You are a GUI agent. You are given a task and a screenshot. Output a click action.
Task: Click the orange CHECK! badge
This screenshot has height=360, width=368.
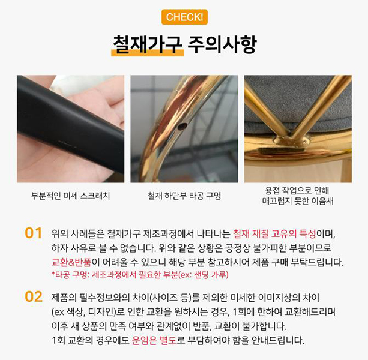tap(184, 17)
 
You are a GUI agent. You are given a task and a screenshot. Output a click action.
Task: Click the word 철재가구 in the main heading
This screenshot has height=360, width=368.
tap(148, 44)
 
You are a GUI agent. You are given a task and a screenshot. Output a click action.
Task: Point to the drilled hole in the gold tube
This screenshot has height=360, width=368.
tap(182, 127)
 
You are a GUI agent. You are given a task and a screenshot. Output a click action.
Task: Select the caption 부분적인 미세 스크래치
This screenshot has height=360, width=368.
tap(71, 196)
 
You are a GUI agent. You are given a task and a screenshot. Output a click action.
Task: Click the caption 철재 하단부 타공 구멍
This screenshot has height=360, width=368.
tap(184, 196)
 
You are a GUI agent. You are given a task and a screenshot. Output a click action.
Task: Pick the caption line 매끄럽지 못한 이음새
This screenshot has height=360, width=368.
tap(298, 201)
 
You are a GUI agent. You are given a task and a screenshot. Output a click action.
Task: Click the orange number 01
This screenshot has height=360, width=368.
tap(34, 233)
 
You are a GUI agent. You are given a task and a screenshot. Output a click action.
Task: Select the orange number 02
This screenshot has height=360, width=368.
tap(34, 297)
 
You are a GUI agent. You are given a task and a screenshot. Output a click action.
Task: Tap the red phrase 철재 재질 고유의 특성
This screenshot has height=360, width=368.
tap(274, 233)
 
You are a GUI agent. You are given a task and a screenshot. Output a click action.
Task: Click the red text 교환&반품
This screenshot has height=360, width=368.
tap(71, 262)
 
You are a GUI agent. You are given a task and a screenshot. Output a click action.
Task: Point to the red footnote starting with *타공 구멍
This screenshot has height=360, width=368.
tap(140, 274)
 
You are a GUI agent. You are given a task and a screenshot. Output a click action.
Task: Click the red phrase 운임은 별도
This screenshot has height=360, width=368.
tap(154, 340)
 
